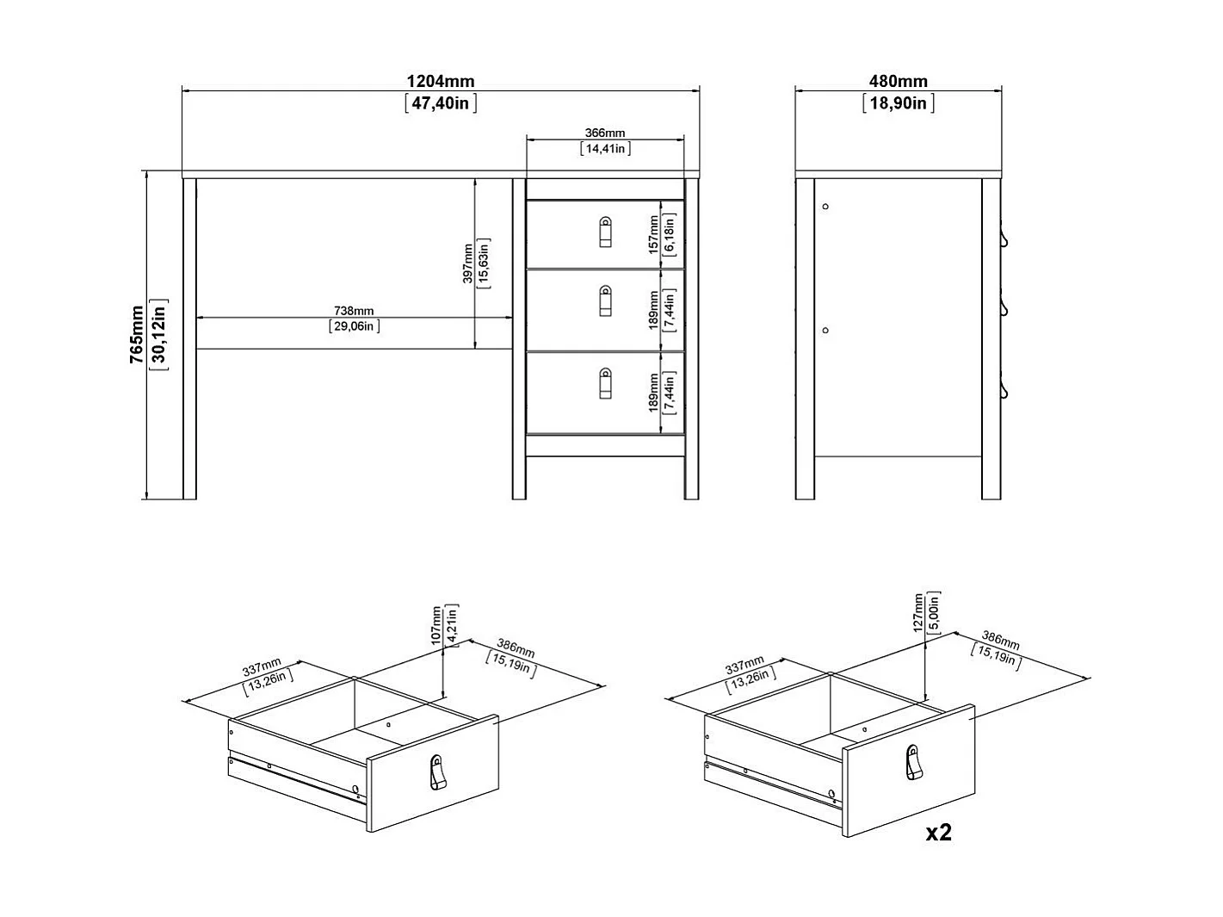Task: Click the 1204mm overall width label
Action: tap(440, 82)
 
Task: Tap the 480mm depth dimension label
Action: tap(898, 82)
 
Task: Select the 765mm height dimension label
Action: tap(137, 335)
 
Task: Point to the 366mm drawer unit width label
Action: tap(605, 133)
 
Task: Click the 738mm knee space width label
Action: tap(354, 311)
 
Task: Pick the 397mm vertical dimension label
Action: tap(467, 263)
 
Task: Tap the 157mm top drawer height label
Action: tap(653, 234)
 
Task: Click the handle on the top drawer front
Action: tap(605, 232)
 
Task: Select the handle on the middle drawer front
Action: tap(605, 300)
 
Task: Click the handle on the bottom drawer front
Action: tap(605, 383)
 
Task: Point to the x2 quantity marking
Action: tap(938, 833)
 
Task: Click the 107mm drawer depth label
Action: tap(437, 625)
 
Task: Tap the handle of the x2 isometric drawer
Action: tap(913, 763)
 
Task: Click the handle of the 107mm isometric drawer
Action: tap(437, 772)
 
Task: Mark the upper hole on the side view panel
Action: tap(825, 207)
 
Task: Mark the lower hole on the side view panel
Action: tap(825, 331)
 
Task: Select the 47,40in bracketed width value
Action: tap(440, 103)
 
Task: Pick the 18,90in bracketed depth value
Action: tap(898, 103)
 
